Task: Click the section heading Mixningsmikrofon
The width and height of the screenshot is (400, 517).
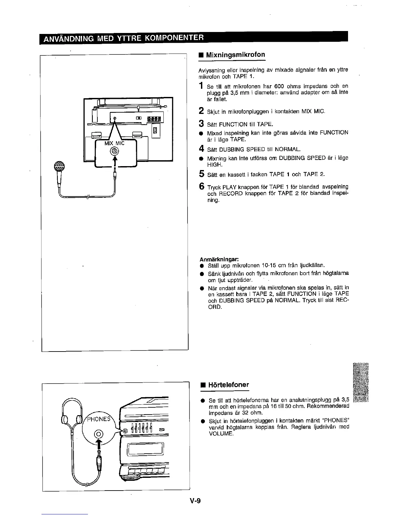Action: (235, 55)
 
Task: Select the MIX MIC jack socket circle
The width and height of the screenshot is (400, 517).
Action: (114, 151)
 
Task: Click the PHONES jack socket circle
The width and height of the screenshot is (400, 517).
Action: (99, 434)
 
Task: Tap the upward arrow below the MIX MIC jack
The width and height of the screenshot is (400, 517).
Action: (114, 160)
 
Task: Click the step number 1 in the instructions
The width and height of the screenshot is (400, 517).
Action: (201, 86)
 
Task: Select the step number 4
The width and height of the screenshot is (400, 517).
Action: (201, 149)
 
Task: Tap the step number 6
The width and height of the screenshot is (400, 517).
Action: (202, 187)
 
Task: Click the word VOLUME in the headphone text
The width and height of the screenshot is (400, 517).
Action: (221, 434)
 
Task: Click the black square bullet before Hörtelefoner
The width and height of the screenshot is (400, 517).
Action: (203, 385)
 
